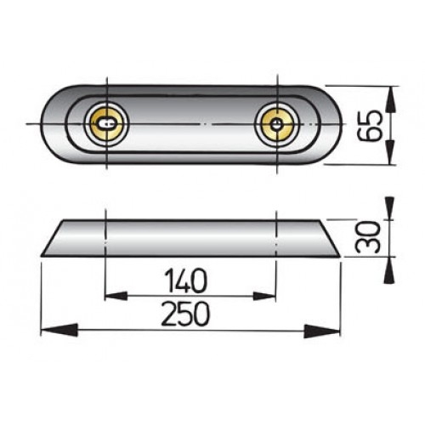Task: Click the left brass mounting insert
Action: point(105,124)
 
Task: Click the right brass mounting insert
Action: point(276,124)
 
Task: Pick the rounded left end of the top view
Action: point(48,124)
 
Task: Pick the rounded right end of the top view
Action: point(332,124)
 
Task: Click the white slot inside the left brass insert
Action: point(104,124)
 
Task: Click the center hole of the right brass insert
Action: point(276,124)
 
